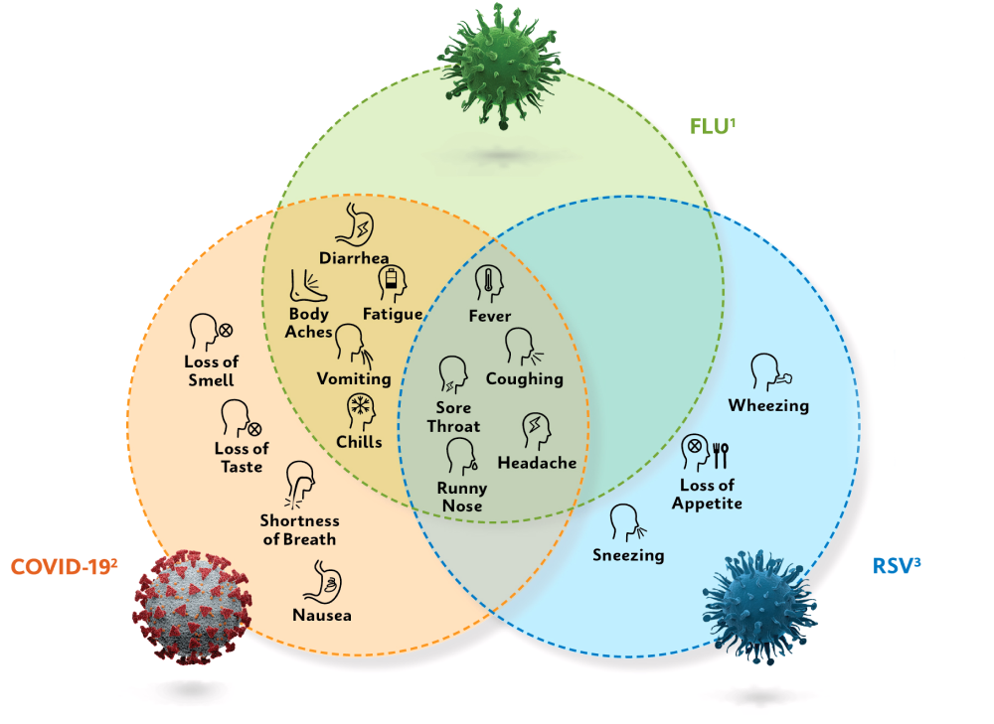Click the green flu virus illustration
(501, 66)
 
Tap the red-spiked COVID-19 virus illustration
(191, 606)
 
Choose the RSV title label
(896, 567)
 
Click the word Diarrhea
(354, 259)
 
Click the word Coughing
(525, 378)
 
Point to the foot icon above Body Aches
(306, 286)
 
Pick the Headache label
(537, 463)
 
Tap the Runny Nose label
(462, 497)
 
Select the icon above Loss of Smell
(210, 332)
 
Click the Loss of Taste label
(242, 458)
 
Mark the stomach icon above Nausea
(323, 579)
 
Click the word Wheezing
(768, 405)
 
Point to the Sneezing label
(628, 555)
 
